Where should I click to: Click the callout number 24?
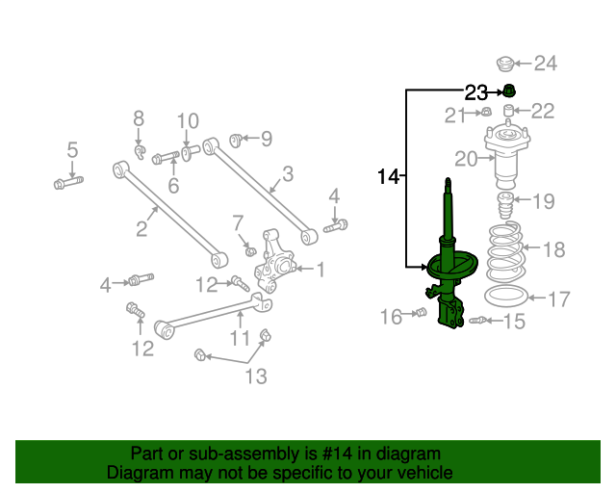coord(546,65)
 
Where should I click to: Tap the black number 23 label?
coord(476,92)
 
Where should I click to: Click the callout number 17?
coord(559,298)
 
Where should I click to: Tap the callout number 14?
coord(389,176)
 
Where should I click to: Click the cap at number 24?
coord(503,65)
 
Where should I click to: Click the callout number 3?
coord(288,174)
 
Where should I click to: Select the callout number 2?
coord(141,228)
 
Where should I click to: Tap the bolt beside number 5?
coord(66,181)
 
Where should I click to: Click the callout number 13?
coord(255,375)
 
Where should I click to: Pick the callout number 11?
coord(240,338)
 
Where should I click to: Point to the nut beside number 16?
coord(420,313)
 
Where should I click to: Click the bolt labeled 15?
coord(479,320)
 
